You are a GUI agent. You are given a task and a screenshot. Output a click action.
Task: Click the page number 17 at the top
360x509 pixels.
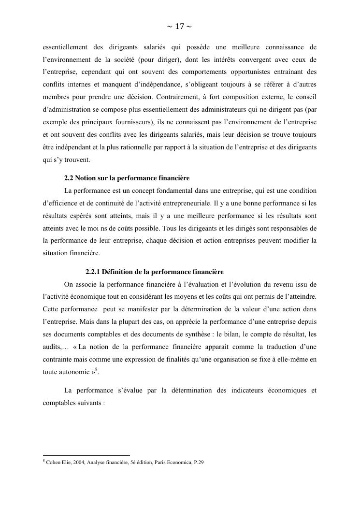pyautogui.click(x=179, y=27)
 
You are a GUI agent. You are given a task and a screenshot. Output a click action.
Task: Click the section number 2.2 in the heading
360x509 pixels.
pyautogui.click(x=70, y=178)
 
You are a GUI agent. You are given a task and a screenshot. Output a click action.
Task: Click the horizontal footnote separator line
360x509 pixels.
pyautogui.click(x=86, y=455)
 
